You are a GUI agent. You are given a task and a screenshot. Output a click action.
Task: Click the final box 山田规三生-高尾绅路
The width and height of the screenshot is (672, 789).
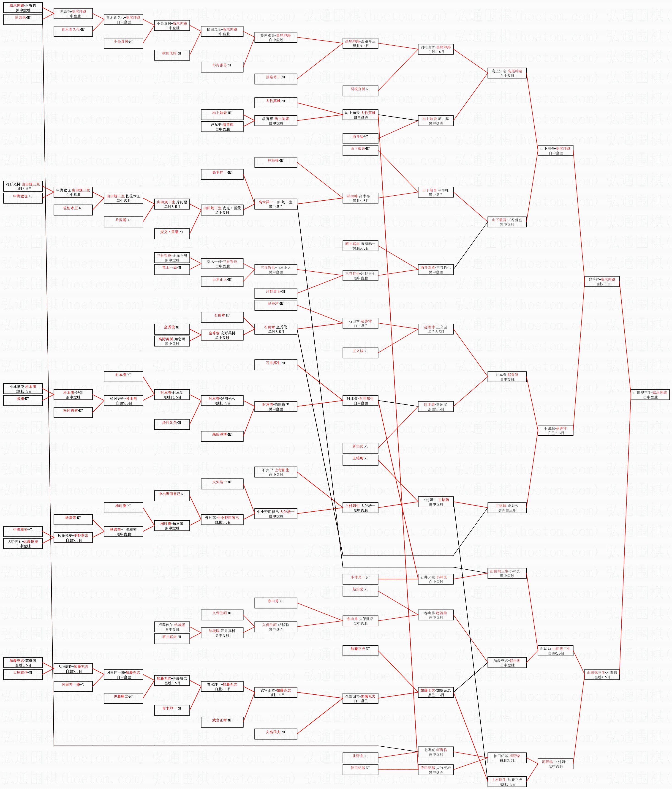point(650,394)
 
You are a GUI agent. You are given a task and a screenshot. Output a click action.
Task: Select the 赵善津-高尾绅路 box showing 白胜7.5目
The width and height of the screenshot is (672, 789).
point(601,281)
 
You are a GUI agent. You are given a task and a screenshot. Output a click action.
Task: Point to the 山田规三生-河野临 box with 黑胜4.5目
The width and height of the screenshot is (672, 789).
point(601,674)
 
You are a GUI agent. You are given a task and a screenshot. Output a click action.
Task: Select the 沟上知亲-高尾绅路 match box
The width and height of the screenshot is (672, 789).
point(507,73)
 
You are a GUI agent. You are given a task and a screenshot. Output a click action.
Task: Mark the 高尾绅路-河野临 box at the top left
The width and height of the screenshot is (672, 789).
point(23,8)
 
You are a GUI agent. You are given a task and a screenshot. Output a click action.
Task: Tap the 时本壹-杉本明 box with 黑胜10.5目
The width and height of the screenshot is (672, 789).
point(172,394)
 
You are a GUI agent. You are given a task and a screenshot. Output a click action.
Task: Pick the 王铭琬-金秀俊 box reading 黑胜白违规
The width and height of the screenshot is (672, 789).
point(507,508)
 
